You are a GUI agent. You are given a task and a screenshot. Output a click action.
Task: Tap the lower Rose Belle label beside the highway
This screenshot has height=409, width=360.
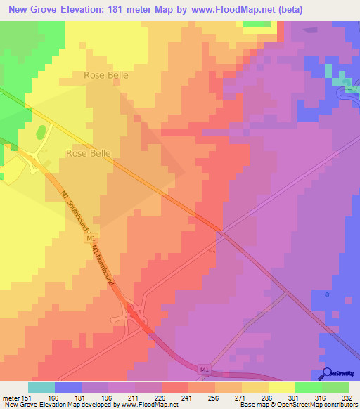[89, 152]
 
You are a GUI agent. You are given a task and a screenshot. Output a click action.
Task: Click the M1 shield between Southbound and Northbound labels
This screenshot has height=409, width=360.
[92, 239]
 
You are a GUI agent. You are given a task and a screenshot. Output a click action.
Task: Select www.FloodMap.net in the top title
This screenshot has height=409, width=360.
[233, 9]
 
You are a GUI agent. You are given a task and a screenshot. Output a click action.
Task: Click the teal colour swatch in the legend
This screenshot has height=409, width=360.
[41, 387]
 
